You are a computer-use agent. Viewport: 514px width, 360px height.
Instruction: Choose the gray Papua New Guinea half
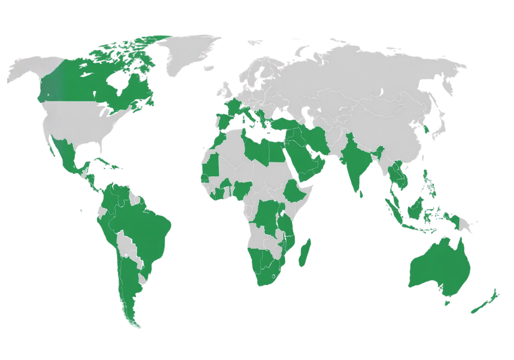click(465, 224)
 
